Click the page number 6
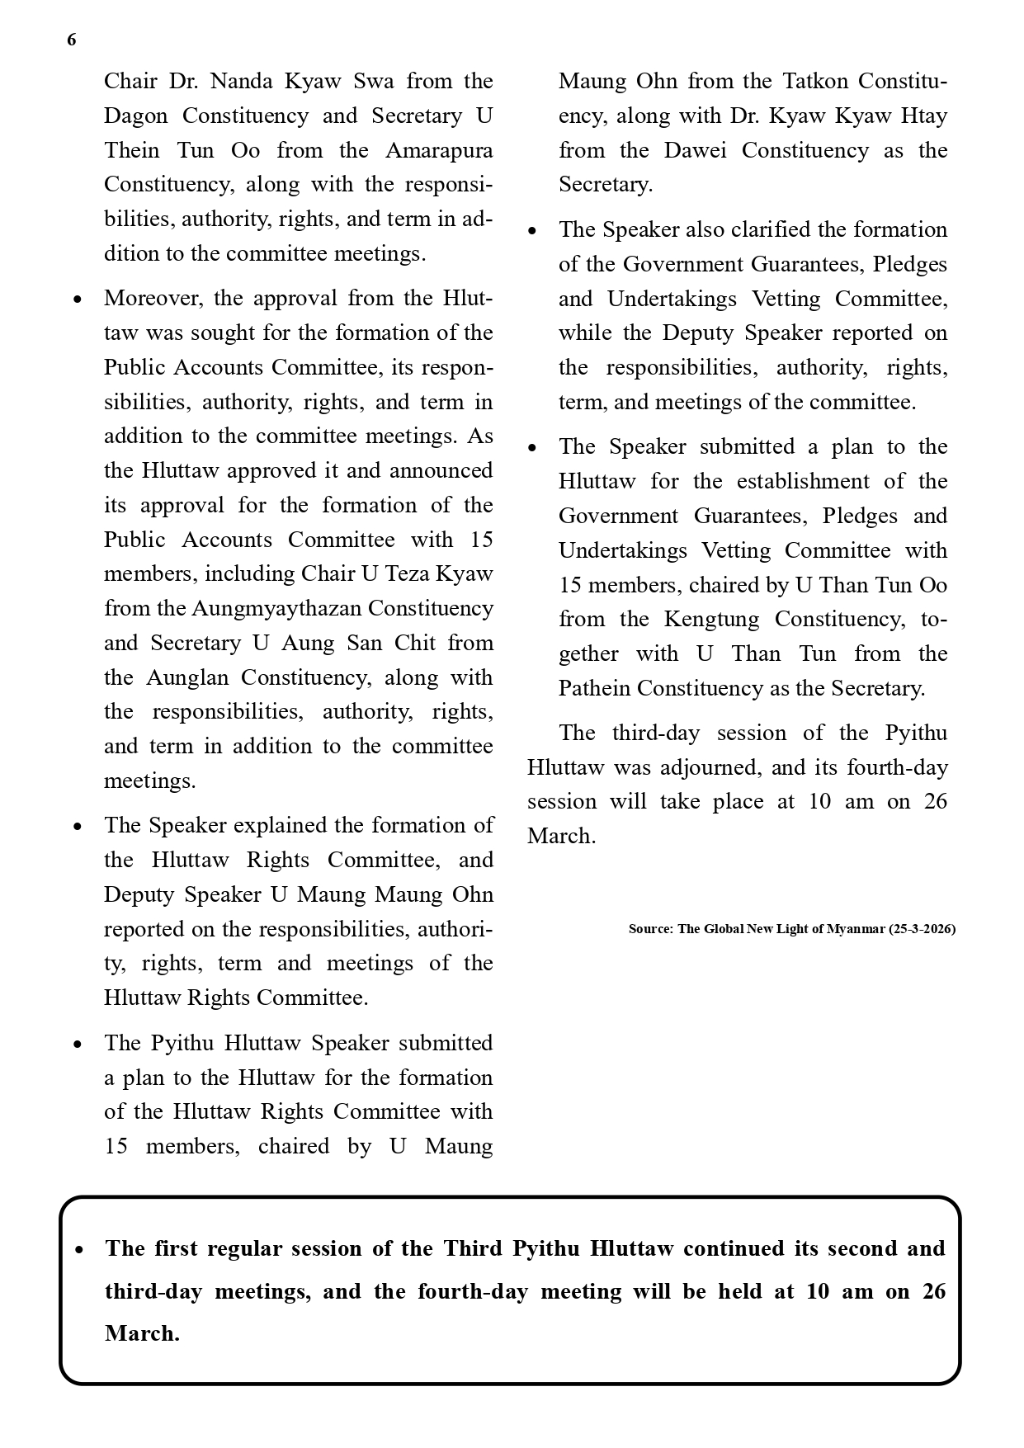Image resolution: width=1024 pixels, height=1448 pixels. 72,40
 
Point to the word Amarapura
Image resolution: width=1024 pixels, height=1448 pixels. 439,150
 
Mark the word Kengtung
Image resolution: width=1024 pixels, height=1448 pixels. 711,619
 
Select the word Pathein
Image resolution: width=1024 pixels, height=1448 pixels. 593,688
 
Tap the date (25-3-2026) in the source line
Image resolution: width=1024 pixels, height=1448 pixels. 922,929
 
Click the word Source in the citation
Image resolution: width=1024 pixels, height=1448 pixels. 650,929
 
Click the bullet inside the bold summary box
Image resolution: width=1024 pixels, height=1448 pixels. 78,1251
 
